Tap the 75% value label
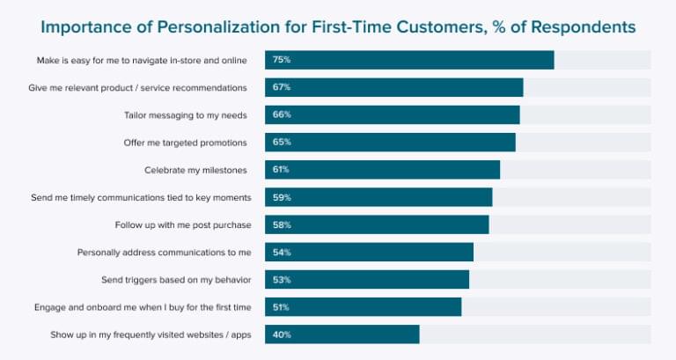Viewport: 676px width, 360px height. (282, 60)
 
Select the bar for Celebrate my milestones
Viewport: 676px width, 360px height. (382, 170)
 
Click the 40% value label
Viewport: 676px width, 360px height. (282, 335)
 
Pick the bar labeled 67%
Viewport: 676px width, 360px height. (393, 87)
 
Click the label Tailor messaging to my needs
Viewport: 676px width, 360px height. (186, 115)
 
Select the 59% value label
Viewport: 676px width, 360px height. (282, 198)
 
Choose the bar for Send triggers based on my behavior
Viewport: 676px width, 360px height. (367, 280)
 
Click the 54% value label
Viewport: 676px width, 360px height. (282, 253)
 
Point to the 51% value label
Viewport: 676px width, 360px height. (282, 307)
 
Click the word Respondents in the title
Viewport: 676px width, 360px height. (577, 27)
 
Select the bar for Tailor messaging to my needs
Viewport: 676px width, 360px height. (392, 115)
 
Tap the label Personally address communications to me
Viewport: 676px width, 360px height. (165, 253)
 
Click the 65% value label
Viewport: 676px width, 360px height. (282, 143)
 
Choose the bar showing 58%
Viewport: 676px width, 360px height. (377, 225)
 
